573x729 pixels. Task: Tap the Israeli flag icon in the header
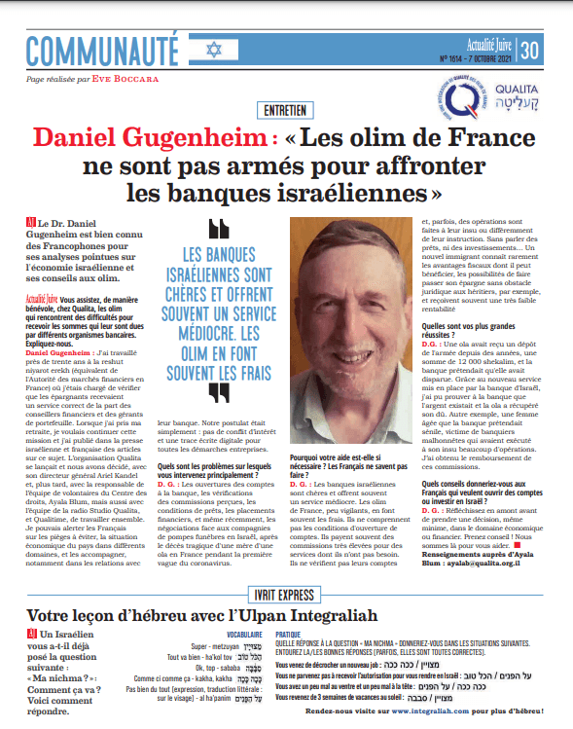pyautogui.click(x=209, y=48)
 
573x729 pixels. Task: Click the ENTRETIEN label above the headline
pyautogui.click(x=288, y=110)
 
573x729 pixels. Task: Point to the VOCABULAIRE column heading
pyautogui.click(x=252, y=633)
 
